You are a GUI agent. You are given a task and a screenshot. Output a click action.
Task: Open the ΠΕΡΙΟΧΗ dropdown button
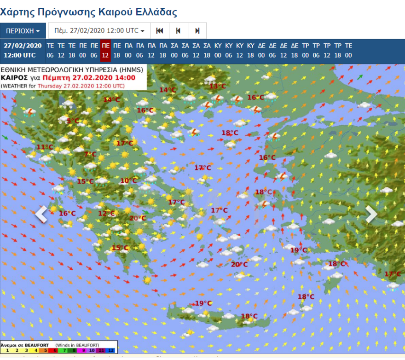pyautogui.click(x=23, y=31)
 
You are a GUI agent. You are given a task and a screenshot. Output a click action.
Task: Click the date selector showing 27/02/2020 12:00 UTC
pyautogui.click(x=99, y=31)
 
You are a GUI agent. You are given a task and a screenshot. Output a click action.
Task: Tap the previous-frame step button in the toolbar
pyautogui.click(x=178, y=31)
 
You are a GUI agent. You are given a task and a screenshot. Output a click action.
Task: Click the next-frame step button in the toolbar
pyautogui.click(x=197, y=31)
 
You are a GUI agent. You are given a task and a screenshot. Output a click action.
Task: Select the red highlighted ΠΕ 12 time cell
pyautogui.click(x=105, y=50)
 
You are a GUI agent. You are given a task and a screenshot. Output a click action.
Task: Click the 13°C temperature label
pyautogui.click(x=218, y=86)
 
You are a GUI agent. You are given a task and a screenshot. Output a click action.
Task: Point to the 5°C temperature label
pyautogui.click(x=73, y=121)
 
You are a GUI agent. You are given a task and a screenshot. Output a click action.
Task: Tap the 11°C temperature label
pyautogui.click(x=45, y=147)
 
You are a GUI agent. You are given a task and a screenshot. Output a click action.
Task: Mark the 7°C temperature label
pyautogui.click(x=90, y=154)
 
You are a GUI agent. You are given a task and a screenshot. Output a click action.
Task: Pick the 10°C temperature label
pyautogui.click(x=128, y=181)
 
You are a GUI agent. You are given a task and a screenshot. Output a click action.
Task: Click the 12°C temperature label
pyautogui.click(x=106, y=213)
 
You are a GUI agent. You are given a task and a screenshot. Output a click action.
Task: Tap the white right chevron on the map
pyautogui.click(x=371, y=214)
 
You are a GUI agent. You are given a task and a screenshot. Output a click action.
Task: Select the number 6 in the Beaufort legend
pyautogui.click(x=56, y=350)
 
